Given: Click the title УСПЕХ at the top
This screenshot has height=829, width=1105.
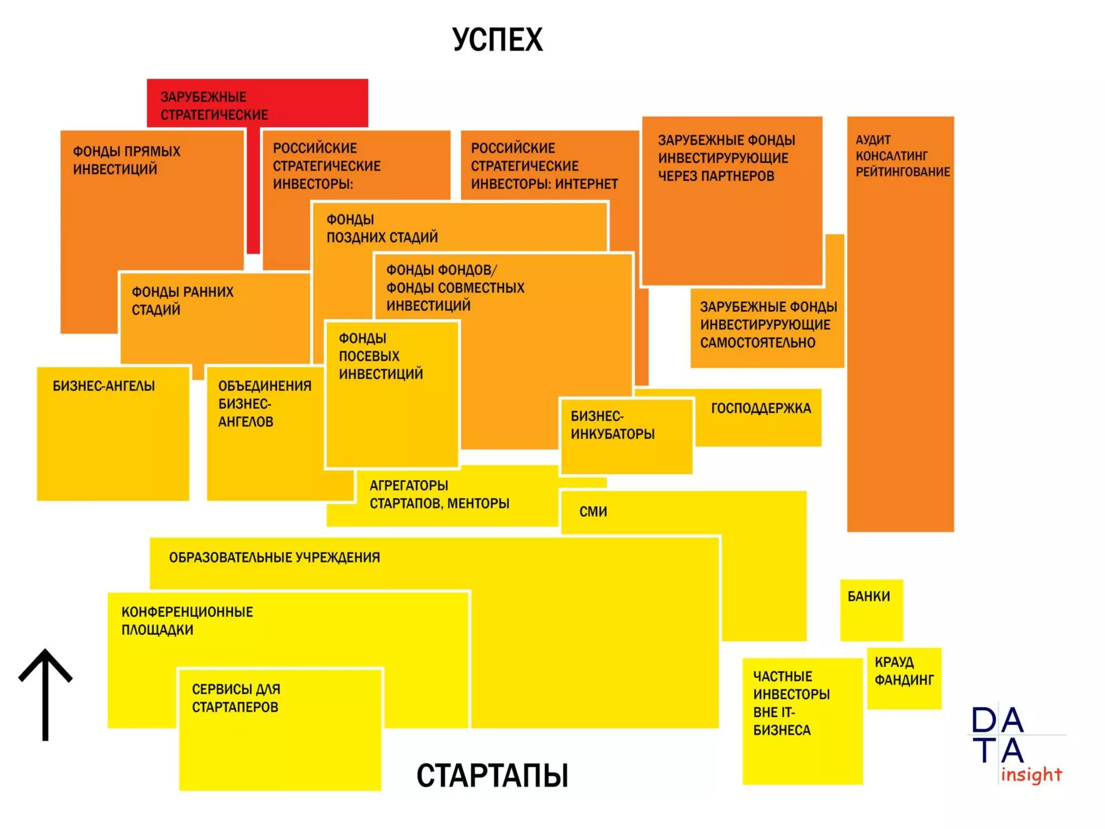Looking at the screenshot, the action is point(497,39).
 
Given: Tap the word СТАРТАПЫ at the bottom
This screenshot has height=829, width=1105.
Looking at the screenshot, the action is point(492,775).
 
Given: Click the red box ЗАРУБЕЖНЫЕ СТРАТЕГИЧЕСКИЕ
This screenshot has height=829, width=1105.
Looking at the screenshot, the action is point(214,106).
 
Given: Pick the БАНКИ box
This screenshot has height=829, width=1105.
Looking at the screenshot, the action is point(871,610).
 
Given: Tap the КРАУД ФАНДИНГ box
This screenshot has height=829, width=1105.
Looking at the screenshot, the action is point(904,678).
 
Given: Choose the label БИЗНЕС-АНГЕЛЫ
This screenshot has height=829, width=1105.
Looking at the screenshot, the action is point(104,386).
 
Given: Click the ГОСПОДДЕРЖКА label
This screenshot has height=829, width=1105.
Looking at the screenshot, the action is point(761,409).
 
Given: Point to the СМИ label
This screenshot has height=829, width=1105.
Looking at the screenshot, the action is point(593,512).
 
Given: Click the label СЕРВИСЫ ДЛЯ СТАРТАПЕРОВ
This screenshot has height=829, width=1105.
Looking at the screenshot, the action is point(236,698).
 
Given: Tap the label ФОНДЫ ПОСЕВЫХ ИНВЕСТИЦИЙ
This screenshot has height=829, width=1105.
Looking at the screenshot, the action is point(380,356).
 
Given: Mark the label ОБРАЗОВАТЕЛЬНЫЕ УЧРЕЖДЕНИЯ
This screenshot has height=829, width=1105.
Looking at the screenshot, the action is point(275,558).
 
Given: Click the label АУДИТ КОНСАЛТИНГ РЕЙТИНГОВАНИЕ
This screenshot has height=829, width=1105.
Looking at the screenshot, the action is point(902,156).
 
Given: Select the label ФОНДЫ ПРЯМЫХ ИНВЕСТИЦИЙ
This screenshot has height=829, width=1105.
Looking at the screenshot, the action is point(126,160).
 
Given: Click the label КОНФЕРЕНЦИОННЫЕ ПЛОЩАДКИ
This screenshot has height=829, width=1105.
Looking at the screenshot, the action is point(187,621).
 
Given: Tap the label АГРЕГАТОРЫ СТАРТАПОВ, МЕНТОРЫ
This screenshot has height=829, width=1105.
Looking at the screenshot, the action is point(439,494).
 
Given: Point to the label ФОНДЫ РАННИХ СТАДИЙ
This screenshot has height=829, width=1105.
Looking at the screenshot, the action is point(182,301).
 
